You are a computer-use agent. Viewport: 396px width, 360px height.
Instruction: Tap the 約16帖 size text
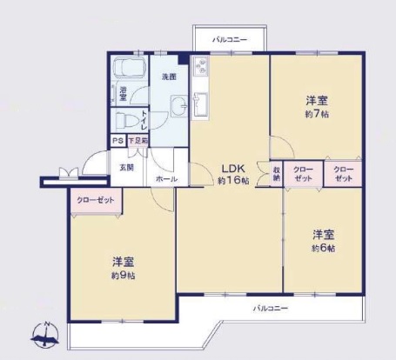tap(233, 180)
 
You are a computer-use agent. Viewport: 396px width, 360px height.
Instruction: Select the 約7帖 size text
tap(316, 114)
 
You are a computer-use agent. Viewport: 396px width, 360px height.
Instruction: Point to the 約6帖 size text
tap(324, 248)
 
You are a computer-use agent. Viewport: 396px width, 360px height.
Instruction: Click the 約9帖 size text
tap(123, 275)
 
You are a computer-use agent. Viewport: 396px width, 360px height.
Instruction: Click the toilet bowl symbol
tap(127, 121)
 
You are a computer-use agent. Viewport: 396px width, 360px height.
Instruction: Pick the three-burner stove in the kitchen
tap(199, 66)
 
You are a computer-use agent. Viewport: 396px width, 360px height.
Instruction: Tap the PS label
tap(117, 141)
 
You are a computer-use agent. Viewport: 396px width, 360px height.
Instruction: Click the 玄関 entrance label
tap(126, 167)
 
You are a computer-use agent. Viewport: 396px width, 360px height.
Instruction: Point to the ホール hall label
tap(166, 179)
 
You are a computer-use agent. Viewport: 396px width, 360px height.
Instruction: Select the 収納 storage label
tap(277, 173)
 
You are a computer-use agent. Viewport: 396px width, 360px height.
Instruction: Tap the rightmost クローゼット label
tap(344, 173)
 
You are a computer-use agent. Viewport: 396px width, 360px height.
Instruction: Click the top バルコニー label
tap(230, 40)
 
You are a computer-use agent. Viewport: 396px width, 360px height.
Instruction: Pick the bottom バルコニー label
tap(271, 308)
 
